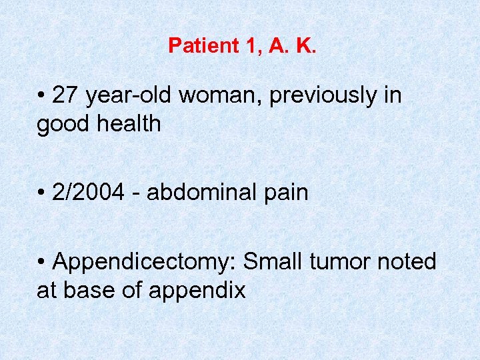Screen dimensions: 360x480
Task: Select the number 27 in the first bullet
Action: tap(65, 95)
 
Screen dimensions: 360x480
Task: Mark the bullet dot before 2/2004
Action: tap(41, 193)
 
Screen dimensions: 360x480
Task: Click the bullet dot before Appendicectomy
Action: tap(41, 262)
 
